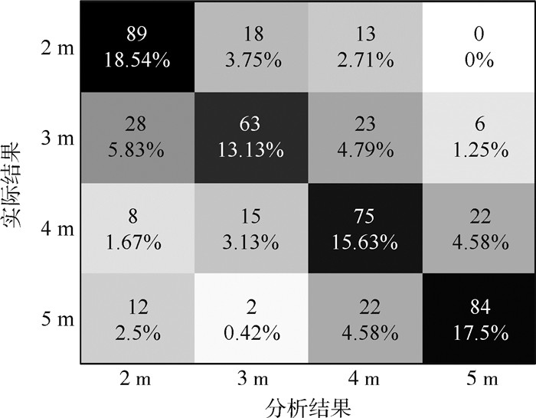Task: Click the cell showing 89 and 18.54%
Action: [139, 46]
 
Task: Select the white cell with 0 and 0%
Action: [478, 46]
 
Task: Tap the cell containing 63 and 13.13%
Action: [250, 137]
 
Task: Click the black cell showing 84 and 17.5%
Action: [478, 317]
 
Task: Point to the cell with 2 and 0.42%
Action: [250, 317]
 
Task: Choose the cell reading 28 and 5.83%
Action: [139, 137]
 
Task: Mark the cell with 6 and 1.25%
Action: [478, 137]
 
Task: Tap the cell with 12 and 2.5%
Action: [139, 317]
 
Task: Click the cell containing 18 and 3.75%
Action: [250, 46]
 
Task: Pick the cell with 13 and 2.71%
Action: [364, 46]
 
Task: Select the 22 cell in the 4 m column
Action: [364, 317]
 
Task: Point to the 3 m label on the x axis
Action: [250, 378]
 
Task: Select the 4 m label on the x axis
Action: [364, 378]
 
